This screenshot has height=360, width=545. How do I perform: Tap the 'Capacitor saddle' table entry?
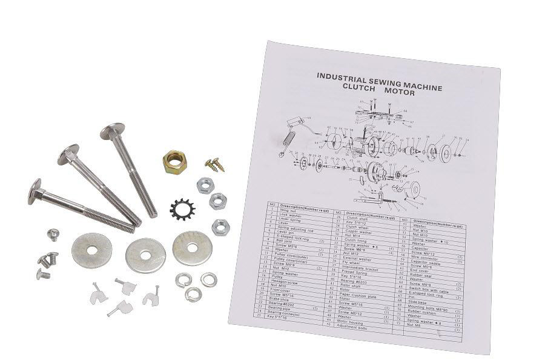click(x=424, y=262)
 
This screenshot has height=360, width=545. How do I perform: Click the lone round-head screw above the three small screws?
click(x=53, y=233)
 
